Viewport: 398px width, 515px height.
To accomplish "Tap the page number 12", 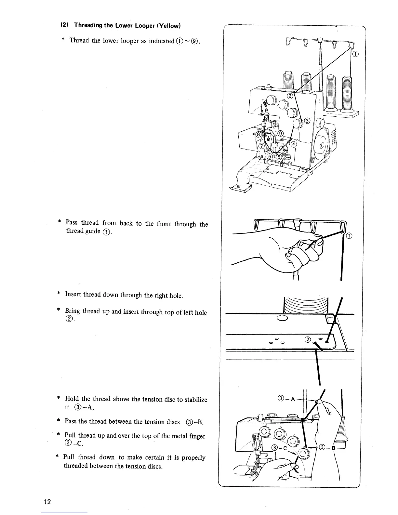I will (47, 502).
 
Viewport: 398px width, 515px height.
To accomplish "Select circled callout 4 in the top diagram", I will (294, 144).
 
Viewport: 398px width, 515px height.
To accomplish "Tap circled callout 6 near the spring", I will (269, 156).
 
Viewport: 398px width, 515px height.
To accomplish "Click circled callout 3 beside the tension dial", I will (307, 121).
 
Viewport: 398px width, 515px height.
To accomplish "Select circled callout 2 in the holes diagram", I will (308, 340).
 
